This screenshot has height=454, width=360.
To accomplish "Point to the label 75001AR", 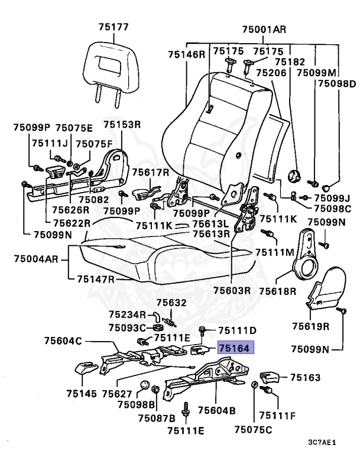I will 264,29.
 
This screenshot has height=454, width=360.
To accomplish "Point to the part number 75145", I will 82,393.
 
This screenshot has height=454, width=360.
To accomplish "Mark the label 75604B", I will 216,410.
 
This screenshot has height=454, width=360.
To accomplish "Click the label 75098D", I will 337,85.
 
